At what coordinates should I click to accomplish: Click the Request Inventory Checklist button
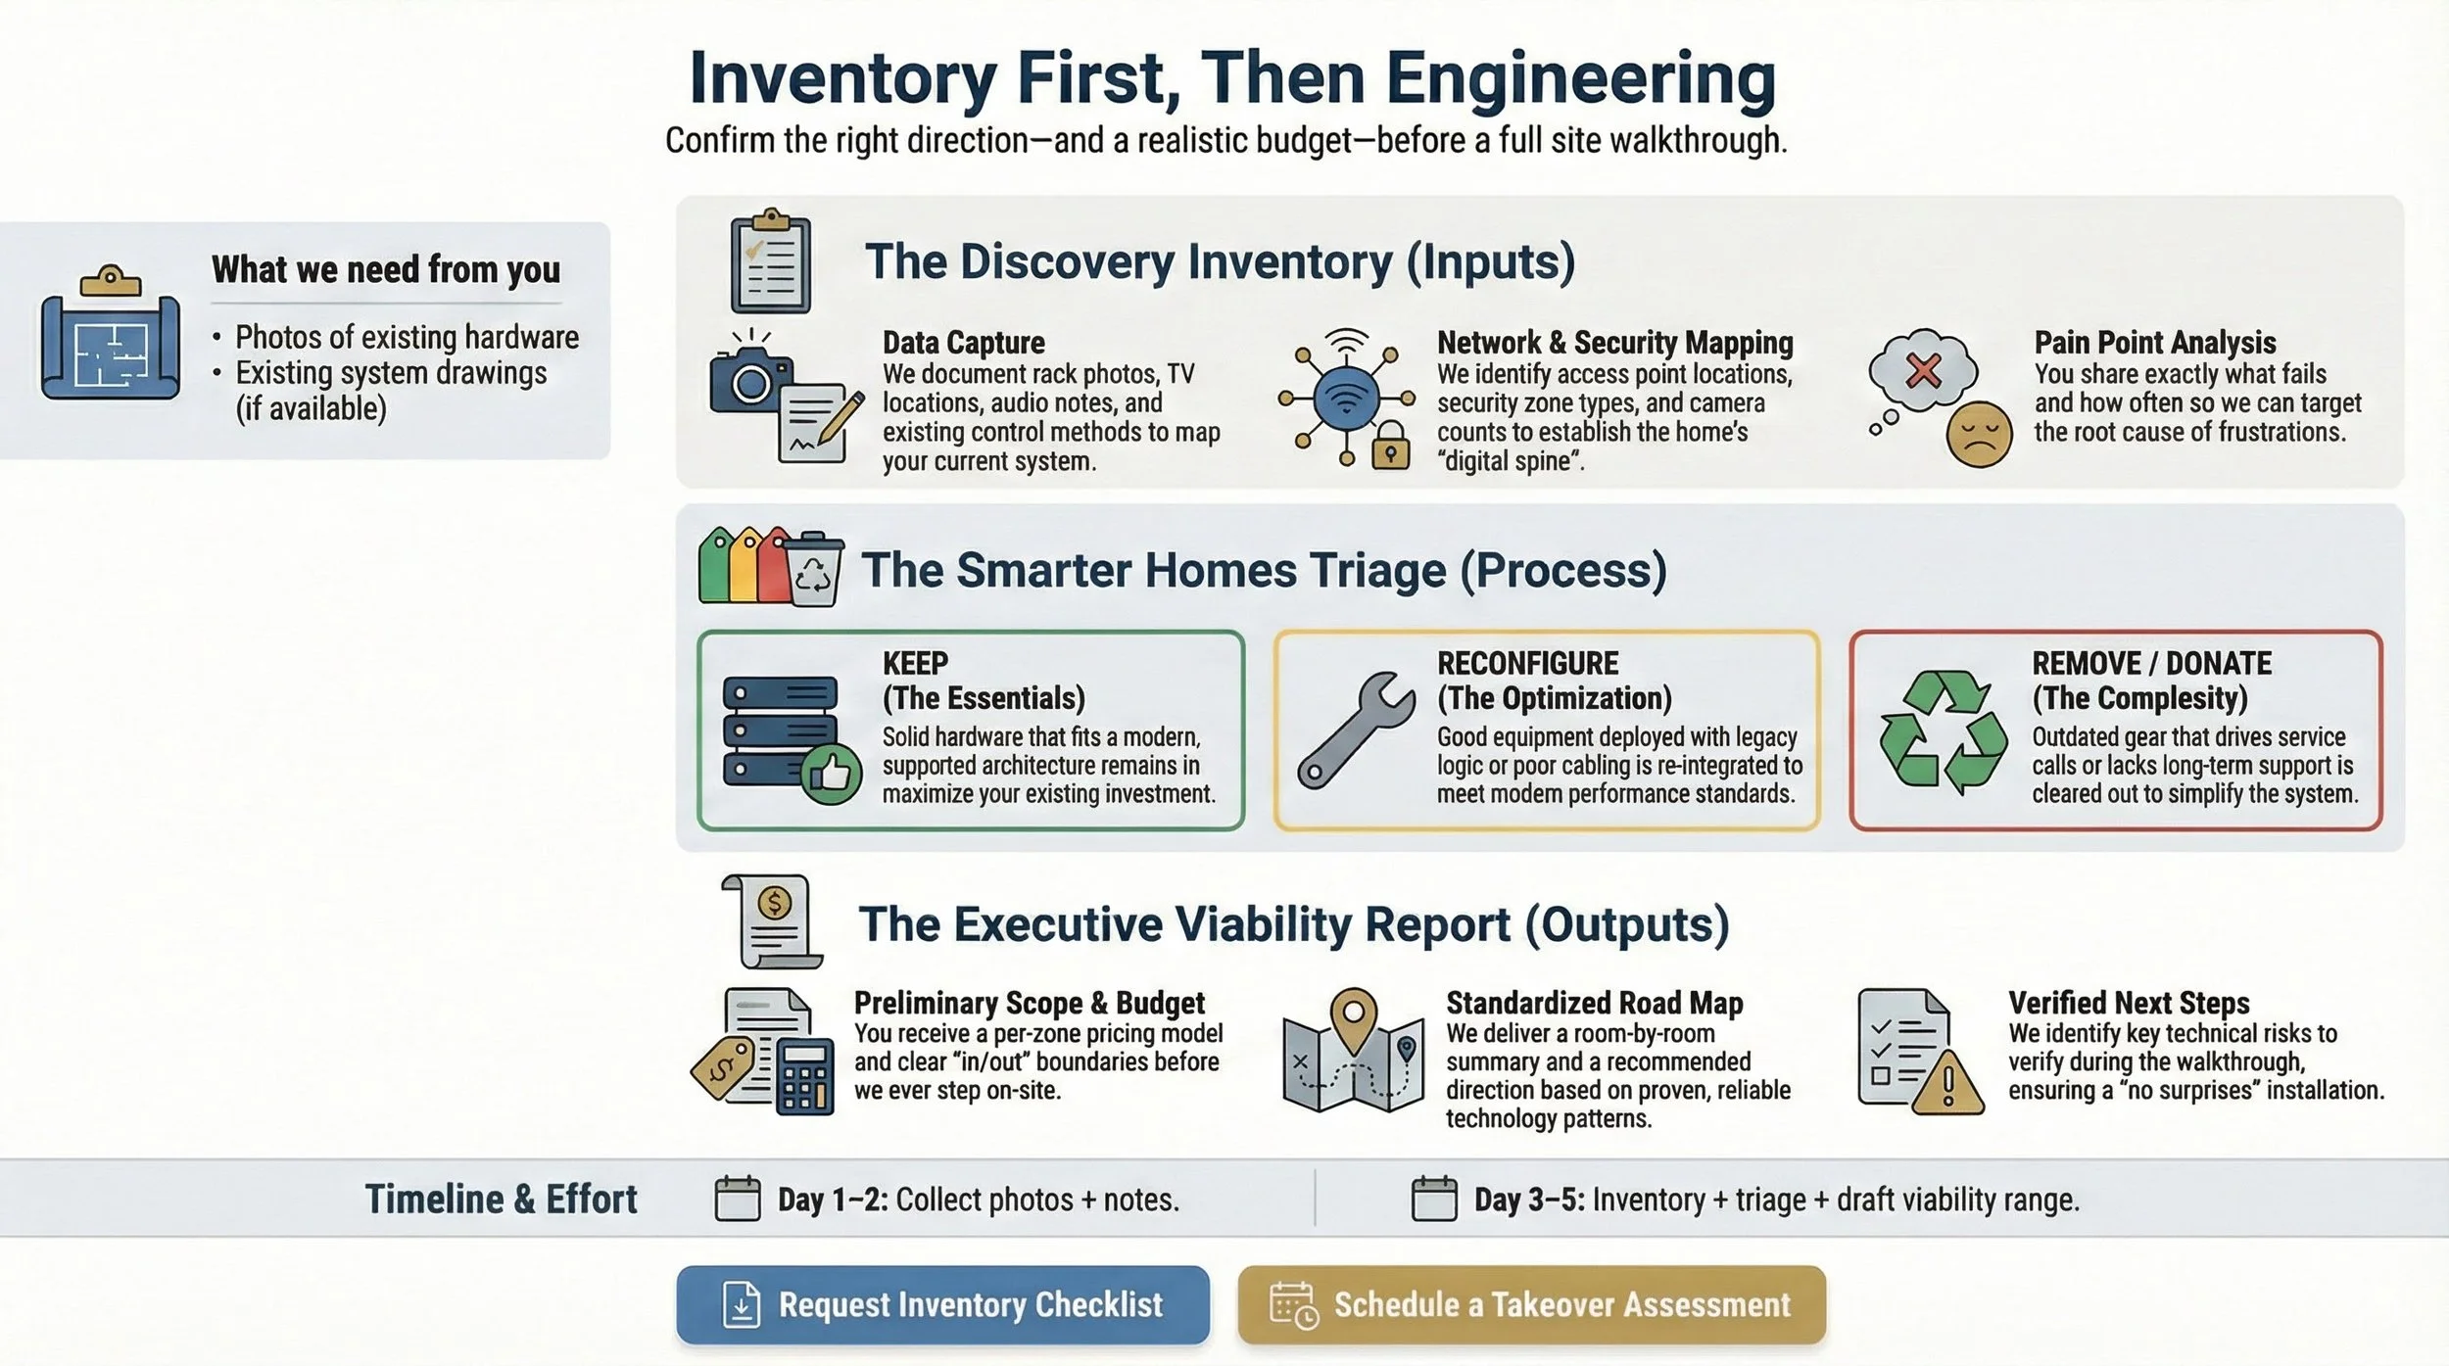click(x=942, y=1304)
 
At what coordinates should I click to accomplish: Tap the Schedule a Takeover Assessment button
click(x=1531, y=1304)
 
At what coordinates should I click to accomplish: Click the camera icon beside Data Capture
click(x=749, y=383)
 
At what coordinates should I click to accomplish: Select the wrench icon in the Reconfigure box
click(x=1356, y=730)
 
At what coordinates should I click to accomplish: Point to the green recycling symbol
click(x=1943, y=730)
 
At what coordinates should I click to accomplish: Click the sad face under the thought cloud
click(x=1979, y=435)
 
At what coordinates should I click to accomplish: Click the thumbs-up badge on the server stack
click(x=831, y=775)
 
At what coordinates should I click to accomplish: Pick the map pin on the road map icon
click(x=1353, y=1015)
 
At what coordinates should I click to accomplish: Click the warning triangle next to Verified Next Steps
click(x=1947, y=1086)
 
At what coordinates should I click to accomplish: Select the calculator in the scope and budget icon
click(x=804, y=1077)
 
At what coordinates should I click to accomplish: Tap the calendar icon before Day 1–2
click(x=737, y=1199)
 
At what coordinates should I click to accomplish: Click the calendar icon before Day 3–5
click(x=1433, y=1199)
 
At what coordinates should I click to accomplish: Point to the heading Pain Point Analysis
click(x=2154, y=342)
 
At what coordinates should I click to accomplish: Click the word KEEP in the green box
click(x=915, y=663)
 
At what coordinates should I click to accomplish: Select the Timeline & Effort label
click(x=501, y=1199)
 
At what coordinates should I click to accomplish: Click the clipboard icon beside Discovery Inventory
click(x=771, y=261)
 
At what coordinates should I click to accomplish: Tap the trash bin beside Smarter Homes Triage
click(x=814, y=570)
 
